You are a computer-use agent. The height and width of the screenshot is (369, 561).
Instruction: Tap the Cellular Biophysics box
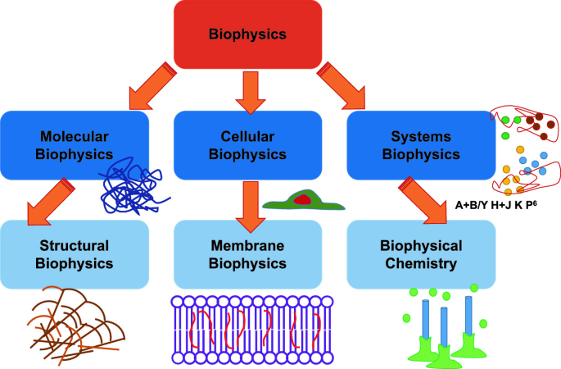click(x=248, y=143)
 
